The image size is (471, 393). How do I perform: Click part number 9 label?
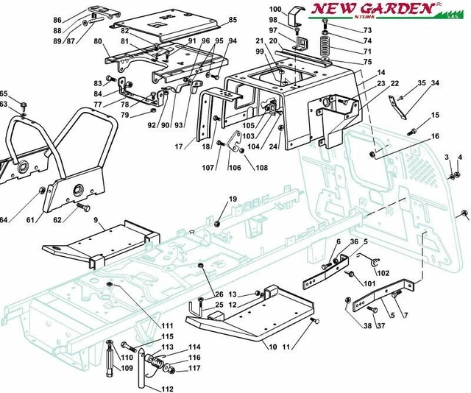(x=96, y=220)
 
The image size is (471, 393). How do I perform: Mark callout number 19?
(x=233, y=200)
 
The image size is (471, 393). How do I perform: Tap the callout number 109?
(x=127, y=368)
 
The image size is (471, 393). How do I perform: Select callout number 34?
(x=436, y=82)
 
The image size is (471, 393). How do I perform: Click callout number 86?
(x=58, y=19)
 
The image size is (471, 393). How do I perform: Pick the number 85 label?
(x=233, y=19)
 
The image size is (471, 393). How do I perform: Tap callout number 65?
(x=4, y=93)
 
